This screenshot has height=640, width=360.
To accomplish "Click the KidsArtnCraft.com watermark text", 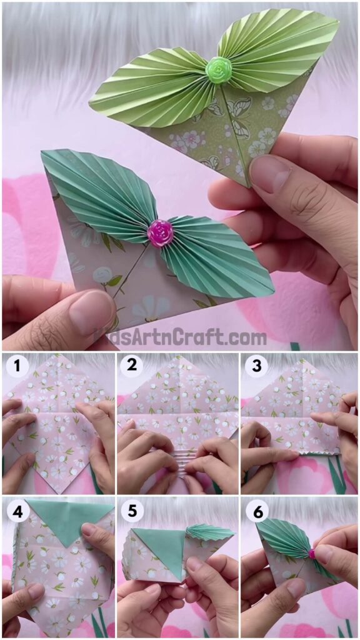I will point(180,337).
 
